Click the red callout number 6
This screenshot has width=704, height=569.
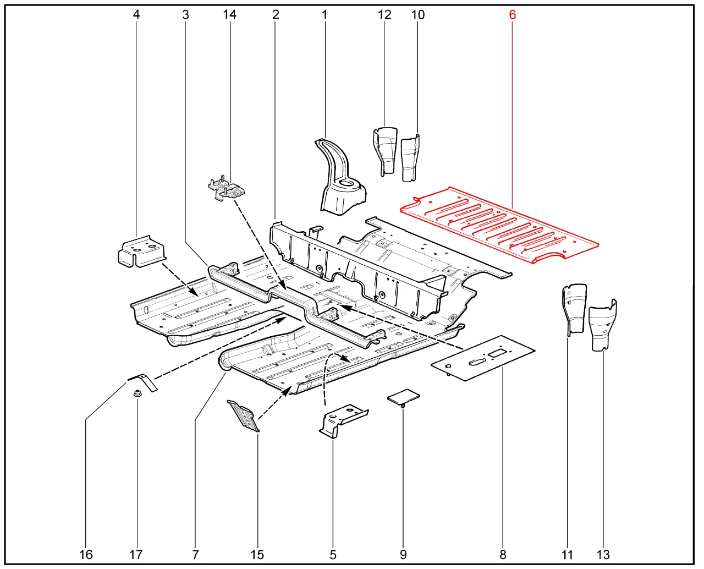[x=512, y=15]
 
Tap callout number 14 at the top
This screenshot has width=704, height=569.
[x=229, y=15]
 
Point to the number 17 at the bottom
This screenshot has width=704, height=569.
[x=136, y=554]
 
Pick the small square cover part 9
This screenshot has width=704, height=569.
[x=403, y=396]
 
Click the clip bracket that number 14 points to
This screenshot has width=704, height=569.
[x=226, y=189]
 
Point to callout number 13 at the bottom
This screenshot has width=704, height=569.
[x=603, y=554]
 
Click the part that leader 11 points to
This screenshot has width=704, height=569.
[x=574, y=308]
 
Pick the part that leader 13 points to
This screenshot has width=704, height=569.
[x=602, y=327]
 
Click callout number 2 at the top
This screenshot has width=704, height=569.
[x=276, y=15]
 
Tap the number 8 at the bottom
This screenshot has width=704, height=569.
[x=503, y=554]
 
